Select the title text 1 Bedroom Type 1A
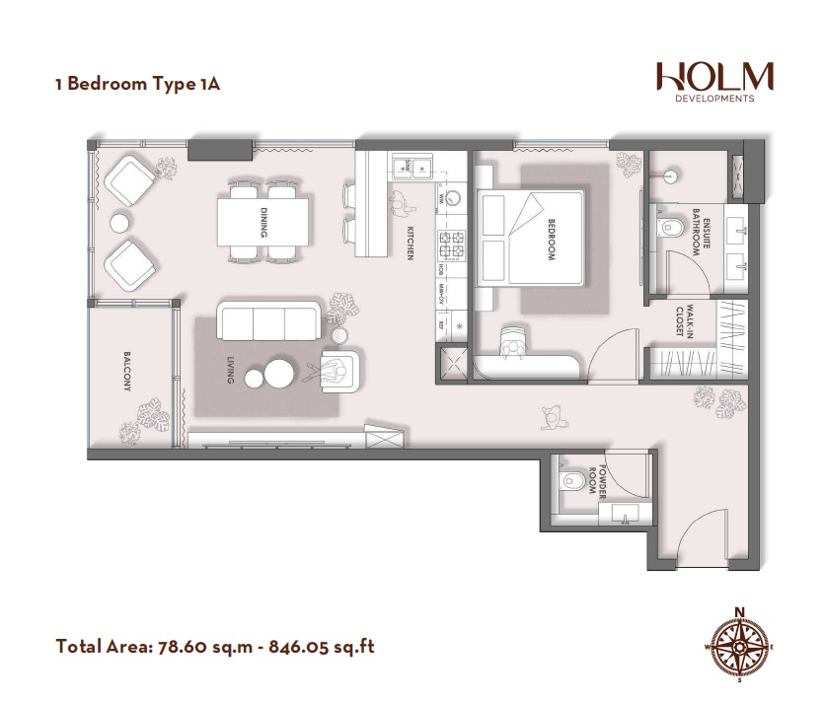click(x=137, y=83)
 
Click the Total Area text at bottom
click(x=215, y=648)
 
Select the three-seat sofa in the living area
click(x=267, y=321)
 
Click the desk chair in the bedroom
click(x=512, y=341)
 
